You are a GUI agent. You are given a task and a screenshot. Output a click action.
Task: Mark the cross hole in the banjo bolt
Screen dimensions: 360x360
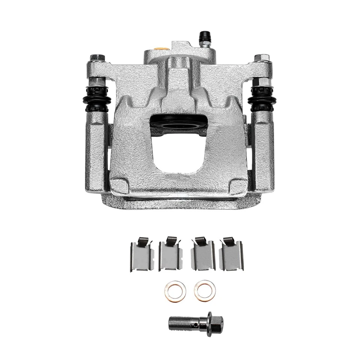[195, 322]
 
